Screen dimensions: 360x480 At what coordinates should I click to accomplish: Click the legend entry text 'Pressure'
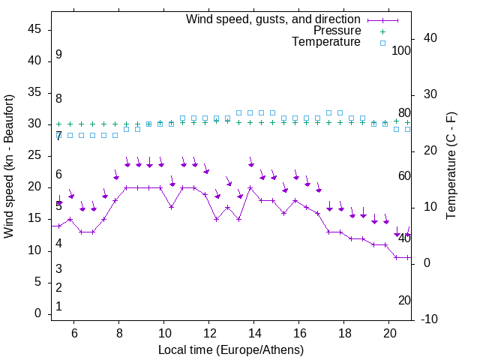click(x=337, y=31)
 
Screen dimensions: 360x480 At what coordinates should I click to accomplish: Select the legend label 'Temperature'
click(x=326, y=43)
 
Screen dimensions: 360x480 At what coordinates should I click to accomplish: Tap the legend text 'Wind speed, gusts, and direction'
click(x=273, y=19)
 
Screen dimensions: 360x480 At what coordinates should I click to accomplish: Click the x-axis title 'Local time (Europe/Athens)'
click(x=231, y=350)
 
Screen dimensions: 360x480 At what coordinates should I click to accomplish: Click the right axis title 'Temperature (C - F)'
click(x=451, y=166)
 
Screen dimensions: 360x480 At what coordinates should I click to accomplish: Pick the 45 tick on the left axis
click(x=34, y=29)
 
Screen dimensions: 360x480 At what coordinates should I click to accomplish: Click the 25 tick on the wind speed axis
click(x=34, y=155)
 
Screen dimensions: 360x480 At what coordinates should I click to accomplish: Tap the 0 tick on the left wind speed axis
click(x=37, y=313)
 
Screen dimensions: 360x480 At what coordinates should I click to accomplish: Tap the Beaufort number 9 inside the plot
click(x=58, y=55)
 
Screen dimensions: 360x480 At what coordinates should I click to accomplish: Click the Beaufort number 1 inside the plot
click(x=58, y=307)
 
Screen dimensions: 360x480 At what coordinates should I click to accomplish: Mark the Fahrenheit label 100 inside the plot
click(x=402, y=50)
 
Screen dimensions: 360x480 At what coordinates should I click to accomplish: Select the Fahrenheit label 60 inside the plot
click(x=404, y=175)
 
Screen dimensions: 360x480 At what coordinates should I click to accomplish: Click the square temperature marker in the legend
click(x=382, y=43)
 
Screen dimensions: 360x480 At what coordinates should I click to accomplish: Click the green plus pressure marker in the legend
click(x=382, y=31)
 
